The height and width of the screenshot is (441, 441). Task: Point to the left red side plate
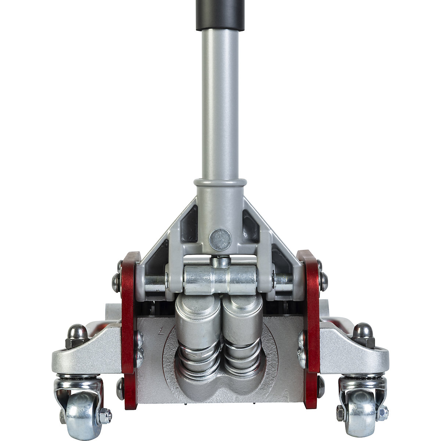pyautogui.click(x=129, y=331)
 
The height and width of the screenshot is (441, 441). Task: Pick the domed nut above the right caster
pyautogui.click(x=363, y=333)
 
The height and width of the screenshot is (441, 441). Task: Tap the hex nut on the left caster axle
pyautogui.click(x=105, y=415)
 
